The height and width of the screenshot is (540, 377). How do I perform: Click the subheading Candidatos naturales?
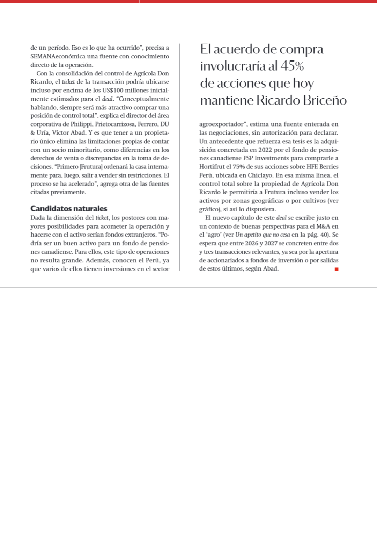pyautogui.click(x=69, y=209)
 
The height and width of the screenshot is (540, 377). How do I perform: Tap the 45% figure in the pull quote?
pyautogui.click(x=292, y=66)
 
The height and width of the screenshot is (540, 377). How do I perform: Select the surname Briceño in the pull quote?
pyautogui.click(x=325, y=100)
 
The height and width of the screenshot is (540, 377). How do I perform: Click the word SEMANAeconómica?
pyautogui.click(x=58, y=56)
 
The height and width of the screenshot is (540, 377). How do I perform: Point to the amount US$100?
pyautogui.click(x=113, y=90)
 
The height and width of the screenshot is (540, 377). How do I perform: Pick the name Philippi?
pyautogui.click(x=82, y=124)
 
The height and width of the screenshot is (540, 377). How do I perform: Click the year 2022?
pyautogui.click(x=265, y=150)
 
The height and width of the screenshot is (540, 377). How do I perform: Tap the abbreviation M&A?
pyautogui.click(x=323, y=226)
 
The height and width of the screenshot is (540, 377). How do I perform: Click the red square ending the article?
pyautogui.click(x=337, y=269)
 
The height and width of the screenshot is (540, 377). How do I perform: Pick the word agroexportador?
pyautogui.click(x=221, y=124)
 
